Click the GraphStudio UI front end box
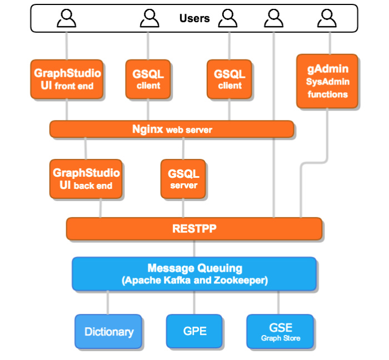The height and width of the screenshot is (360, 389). pos(67,79)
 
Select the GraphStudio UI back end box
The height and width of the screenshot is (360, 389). pos(86,179)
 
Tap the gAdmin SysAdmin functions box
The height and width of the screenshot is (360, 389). pos(327,81)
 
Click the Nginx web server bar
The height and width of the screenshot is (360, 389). pos(172,129)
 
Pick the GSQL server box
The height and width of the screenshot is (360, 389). pos(183,179)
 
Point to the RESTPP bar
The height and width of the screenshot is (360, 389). pos(194,228)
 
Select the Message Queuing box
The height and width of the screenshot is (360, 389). pos(194,273)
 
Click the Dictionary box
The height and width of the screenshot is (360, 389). pos(108,332)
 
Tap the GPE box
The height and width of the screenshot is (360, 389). pos(194,331)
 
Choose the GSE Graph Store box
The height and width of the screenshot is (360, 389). pos(280,331)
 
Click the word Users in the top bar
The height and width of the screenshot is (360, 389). pos(194,18)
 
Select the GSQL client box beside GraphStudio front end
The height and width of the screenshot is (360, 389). pos(148,79)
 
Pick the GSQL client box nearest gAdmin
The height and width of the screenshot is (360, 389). pos(230,79)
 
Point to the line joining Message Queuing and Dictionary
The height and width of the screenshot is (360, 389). pos(108,302)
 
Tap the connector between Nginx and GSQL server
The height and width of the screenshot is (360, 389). pos(183,148)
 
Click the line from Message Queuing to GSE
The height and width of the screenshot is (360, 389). pos(278,302)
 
